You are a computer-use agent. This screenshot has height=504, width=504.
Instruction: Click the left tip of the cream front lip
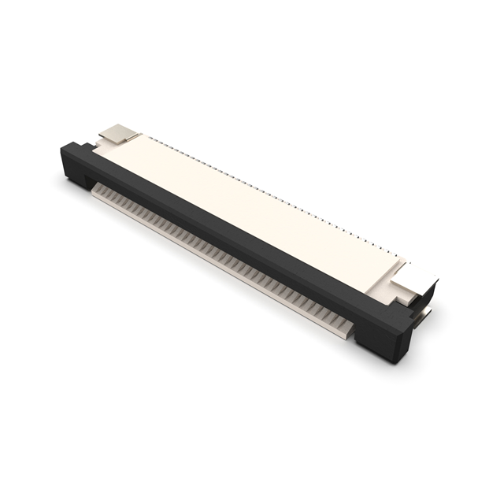pyautogui.click(x=92, y=188)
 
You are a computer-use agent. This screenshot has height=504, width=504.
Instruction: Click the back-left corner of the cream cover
pyautogui.click(x=142, y=135)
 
